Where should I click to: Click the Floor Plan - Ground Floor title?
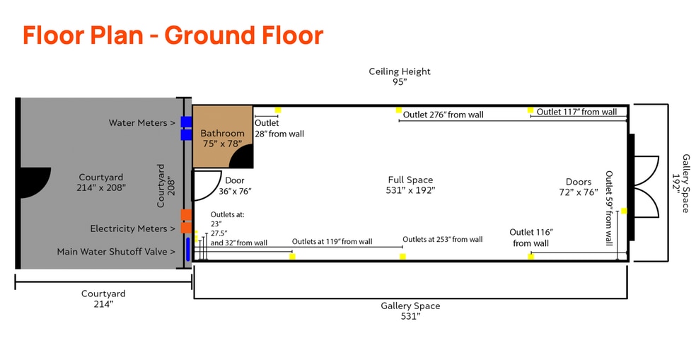coord(173,35)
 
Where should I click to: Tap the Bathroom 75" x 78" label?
coord(222,138)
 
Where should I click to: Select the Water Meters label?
coord(141,123)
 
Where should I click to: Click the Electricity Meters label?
coord(132,228)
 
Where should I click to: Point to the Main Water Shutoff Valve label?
coord(116,251)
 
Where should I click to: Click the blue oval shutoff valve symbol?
coord(188,250)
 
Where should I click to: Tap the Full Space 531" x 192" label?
coord(410,185)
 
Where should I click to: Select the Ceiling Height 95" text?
coord(400,76)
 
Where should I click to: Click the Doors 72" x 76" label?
coord(578,187)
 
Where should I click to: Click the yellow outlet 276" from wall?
coord(399,111)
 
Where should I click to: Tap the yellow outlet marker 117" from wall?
coord(530,110)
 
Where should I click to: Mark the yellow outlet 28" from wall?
coord(278,110)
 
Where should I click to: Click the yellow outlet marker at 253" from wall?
coord(402,256)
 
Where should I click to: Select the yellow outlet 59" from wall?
coord(623,211)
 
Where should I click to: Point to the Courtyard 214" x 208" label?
coord(100,182)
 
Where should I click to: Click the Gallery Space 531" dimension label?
coord(410,310)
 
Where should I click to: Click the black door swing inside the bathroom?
coord(243,156)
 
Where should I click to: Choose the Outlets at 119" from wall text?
coord(332,241)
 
